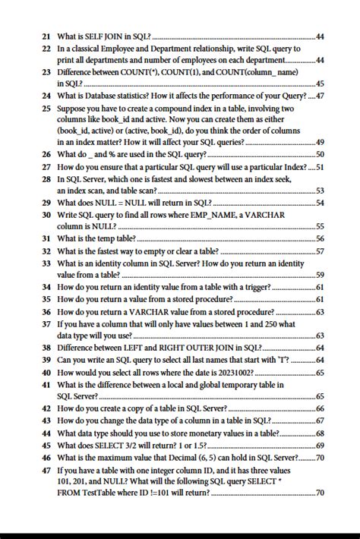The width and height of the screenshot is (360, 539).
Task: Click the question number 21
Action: click(x=46, y=36)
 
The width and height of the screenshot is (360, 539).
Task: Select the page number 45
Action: click(x=320, y=84)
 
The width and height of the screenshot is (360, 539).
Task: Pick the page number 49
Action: click(x=320, y=142)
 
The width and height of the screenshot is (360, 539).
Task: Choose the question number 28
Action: click(x=46, y=179)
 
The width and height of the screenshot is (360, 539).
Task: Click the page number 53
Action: click(x=320, y=191)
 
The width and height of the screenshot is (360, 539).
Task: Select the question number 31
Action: click(x=46, y=238)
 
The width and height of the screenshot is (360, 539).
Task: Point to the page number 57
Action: click(x=320, y=251)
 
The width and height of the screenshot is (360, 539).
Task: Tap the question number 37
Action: click(x=46, y=323)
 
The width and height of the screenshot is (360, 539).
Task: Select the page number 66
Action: click(x=320, y=408)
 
